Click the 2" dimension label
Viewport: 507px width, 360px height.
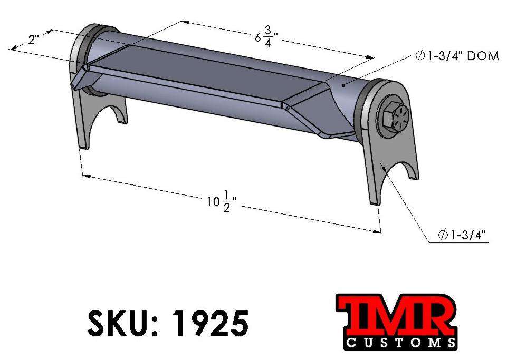pyautogui.click(x=34, y=40)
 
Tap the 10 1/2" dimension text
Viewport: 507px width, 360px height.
pyautogui.click(x=221, y=202)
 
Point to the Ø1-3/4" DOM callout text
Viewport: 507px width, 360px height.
pyautogui.click(x=457, y=56)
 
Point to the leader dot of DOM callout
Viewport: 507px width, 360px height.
pyautogui.click(x=343, y=84)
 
